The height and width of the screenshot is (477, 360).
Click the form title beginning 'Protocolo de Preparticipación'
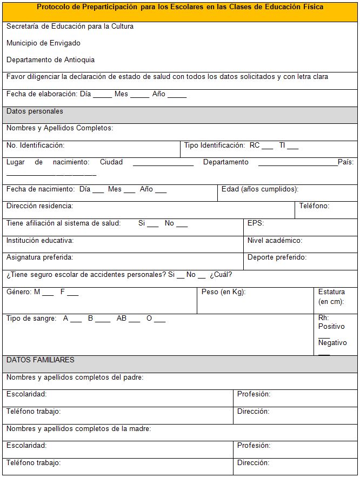pos(180,7)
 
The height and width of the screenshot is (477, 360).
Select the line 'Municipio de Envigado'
pos(43,43)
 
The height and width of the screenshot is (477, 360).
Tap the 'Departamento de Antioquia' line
pos(50,60)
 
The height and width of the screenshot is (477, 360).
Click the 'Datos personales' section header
pos(35,111)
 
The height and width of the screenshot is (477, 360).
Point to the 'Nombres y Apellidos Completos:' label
pos(59,128)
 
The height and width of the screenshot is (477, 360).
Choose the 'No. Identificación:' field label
pos(35,145)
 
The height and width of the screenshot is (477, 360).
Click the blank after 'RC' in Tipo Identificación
pos(268,147)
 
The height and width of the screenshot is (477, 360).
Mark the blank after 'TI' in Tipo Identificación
pos(293,147)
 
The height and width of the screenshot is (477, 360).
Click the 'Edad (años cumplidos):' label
pos(260,189)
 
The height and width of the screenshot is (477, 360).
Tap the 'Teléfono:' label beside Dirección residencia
pos(314,206)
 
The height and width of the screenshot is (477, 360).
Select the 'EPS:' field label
pos(256,223)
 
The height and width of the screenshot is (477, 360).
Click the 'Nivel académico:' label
pos(275,241)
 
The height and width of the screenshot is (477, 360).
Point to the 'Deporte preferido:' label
pos(277,257)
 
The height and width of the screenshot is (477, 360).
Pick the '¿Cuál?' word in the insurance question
pos(221,275)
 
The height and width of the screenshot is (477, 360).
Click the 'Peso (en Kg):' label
pos(223,292)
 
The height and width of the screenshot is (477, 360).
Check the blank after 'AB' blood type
pos(135,320)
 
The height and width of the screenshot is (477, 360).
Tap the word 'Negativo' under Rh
pos(332,343)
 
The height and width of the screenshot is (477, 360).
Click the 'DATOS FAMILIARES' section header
pos(41,360)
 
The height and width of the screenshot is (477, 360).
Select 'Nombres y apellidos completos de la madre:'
pos(78,429)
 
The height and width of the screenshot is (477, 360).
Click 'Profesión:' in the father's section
pos(254,394)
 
